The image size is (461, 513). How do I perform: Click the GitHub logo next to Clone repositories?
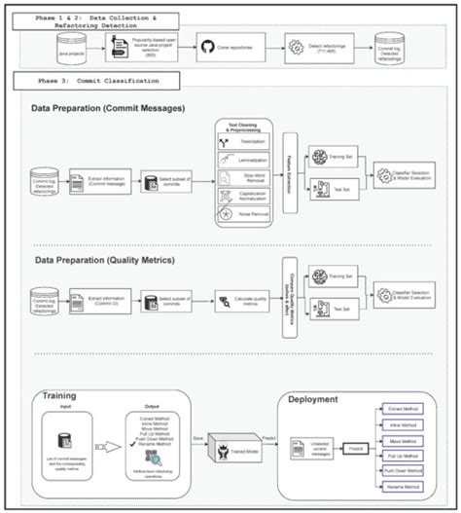click(207, 46)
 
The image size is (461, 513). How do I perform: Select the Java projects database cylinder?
click(69, 44)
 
